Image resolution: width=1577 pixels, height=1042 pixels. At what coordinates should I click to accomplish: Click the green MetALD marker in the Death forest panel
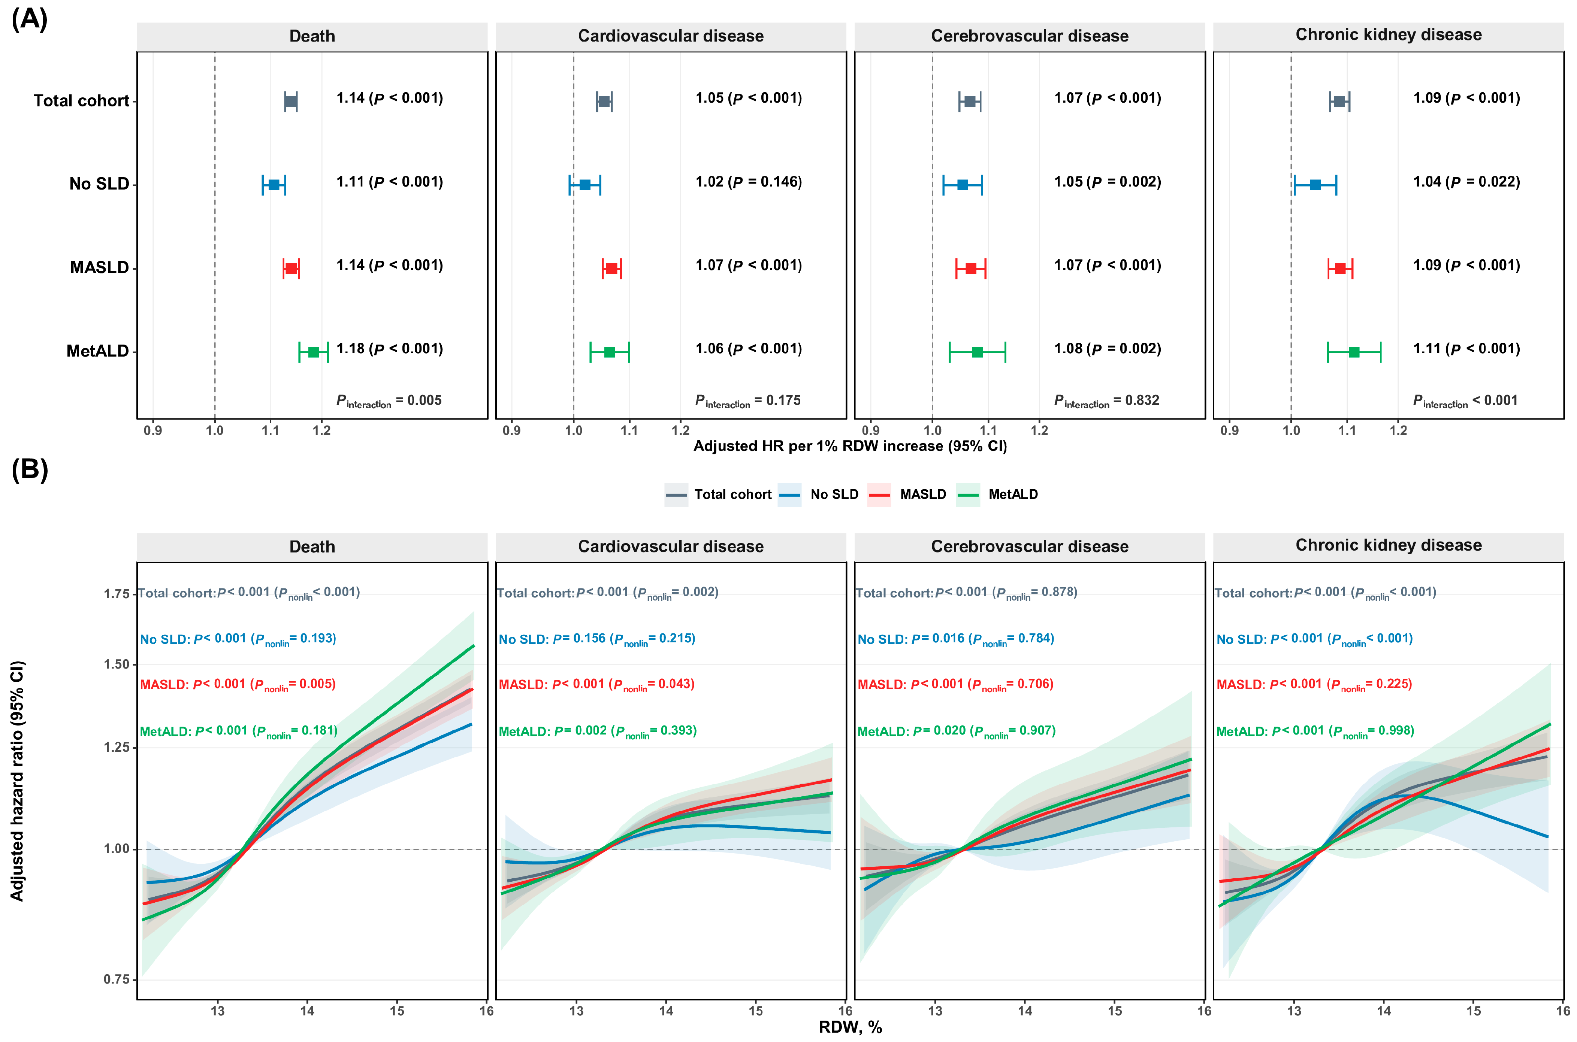tap(314, 352)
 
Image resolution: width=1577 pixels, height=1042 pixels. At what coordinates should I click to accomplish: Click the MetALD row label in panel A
tap(98, 351)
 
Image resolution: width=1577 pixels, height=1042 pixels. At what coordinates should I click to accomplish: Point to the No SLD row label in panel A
tap(100, 184)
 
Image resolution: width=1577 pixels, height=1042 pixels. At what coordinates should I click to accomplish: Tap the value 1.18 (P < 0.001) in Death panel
tap(389, 349)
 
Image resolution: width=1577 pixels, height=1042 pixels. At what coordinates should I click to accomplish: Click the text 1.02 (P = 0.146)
tap(749, 182)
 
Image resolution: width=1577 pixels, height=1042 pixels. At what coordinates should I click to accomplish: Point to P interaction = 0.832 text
tap(1106, 401)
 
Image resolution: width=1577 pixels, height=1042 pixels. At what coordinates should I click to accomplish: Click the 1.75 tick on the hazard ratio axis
tap(117, 593)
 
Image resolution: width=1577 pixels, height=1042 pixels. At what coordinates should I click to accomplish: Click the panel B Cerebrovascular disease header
tap(1029, 546)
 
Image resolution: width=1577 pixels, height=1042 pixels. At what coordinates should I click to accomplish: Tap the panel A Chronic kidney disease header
tap(1388, 34)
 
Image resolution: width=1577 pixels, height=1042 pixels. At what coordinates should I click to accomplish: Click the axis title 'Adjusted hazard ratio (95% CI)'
tap(17, 781)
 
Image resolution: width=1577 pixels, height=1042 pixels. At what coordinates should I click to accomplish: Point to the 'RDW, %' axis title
tap(850, 1027)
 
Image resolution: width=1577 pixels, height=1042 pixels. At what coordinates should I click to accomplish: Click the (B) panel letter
tap(30, 469)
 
